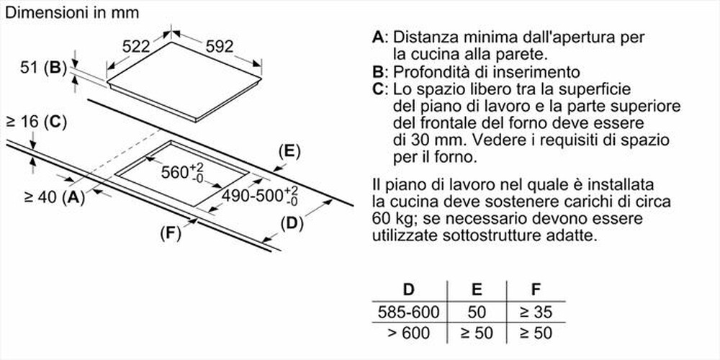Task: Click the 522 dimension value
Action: click(x=135, y=47)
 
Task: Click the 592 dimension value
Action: click(x=220, y=47)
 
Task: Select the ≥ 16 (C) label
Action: click(x=35, y=122)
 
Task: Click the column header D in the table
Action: click(x=408, y=290)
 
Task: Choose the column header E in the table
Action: click(x=477, y=290)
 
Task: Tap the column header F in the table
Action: click(x=535, y=290)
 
